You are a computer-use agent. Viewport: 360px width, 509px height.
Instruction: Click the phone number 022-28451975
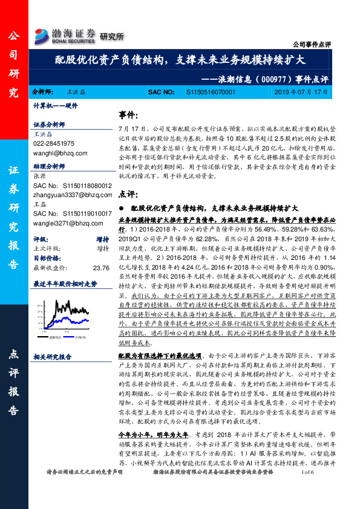(x=53, y=143)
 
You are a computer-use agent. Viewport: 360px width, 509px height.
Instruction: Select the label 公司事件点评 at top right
(x=312, y=45)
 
